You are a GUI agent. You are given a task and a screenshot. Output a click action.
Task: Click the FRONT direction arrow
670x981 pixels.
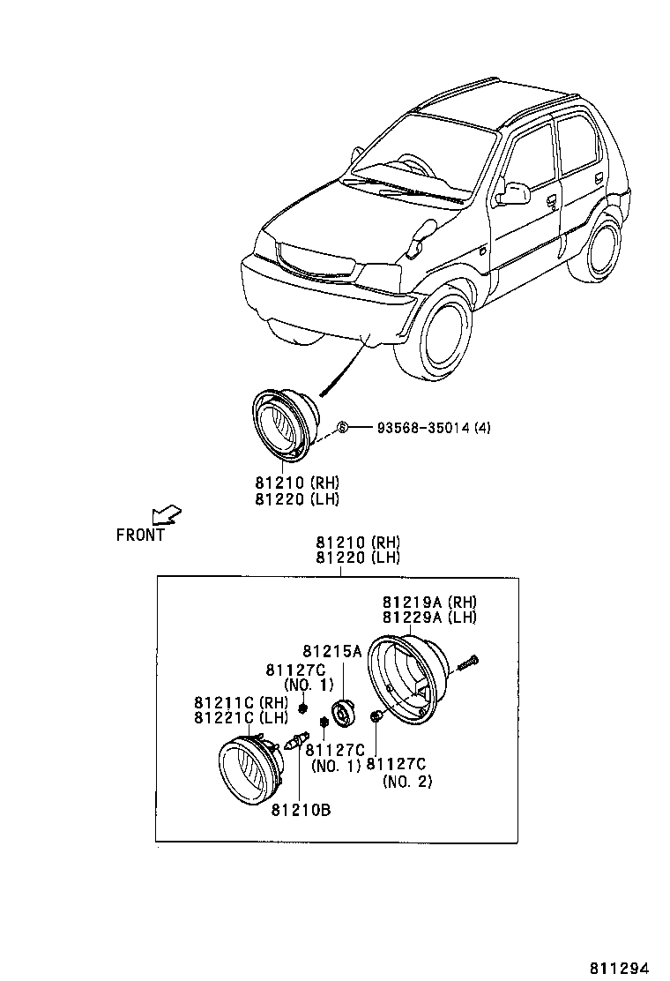click(x=165, y=514)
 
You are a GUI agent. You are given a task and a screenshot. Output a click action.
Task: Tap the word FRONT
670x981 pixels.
click(x=140, y=535)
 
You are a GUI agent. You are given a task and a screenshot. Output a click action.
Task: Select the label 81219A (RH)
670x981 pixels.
click(x=429, y=602)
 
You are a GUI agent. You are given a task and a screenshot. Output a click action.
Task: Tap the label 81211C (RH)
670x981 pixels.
click(x=241, y=702)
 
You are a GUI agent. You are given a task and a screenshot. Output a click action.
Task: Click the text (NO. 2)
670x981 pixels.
click(x=407, y=781)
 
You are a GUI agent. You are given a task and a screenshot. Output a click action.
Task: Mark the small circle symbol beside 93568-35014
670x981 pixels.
click(x=344, y=428)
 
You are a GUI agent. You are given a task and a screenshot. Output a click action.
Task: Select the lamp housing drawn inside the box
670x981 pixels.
click(x=408, y=679)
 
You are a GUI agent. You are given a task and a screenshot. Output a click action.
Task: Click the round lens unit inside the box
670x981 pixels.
click(x=249, y=770)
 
